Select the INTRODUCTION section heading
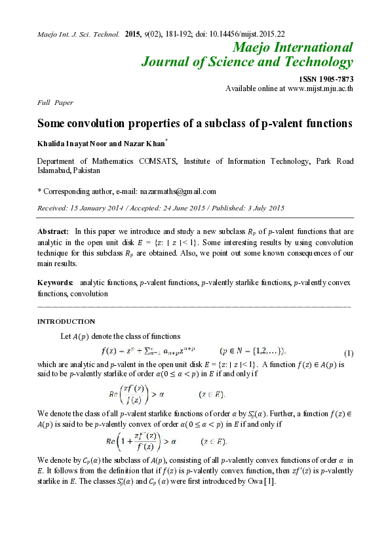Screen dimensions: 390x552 (66, 321)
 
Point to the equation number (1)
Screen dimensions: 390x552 (349, 353)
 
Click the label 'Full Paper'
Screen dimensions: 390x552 (55, 102)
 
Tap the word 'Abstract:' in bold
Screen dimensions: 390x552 (53, 231)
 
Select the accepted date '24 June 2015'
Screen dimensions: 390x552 (181, 208)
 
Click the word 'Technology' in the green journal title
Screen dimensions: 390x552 (318, 62)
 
